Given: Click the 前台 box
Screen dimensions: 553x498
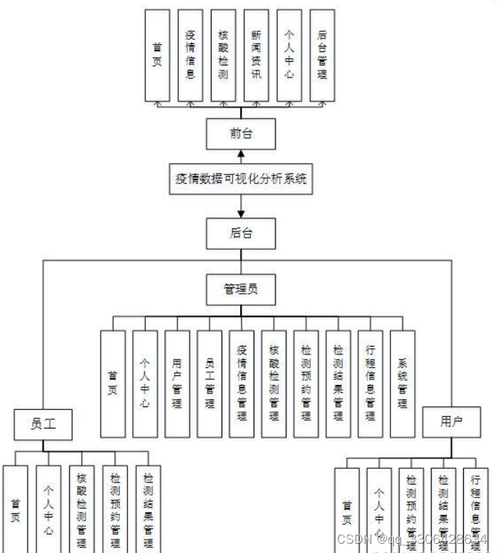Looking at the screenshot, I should [x=241, y=134].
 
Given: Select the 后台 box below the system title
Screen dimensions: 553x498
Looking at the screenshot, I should [x=241, y=233].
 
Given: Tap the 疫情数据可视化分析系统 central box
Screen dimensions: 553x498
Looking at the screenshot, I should [x=241, y=179].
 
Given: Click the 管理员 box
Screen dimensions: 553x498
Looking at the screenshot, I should [x=241, y=289].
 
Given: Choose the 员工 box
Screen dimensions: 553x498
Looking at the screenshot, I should [x=43, y=424].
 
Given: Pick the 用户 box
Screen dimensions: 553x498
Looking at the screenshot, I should [x=451, y=421].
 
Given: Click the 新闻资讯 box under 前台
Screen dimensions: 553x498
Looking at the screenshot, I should [x=256, y=55].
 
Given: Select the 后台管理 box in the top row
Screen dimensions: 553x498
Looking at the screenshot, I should [x=322, y=55].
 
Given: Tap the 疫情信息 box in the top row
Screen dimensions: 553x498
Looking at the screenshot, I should [x=190, y=55].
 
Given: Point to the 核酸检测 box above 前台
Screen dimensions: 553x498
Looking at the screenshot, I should [x=223, y=55].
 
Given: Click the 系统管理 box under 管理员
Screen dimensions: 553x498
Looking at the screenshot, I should [x=402, y=384].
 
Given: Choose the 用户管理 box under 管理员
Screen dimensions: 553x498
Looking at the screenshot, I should [x=177, y=384].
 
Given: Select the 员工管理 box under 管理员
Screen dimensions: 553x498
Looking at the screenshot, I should [x=209, y=384].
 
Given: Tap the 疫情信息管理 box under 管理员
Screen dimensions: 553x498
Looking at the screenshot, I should [x=242, y=384].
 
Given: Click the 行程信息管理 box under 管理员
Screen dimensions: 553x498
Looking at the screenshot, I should [x=370, y=384].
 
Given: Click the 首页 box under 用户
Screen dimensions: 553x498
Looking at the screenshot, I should [x=347, y=509].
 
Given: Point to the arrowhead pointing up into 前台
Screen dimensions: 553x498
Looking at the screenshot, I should [x=241, y=154].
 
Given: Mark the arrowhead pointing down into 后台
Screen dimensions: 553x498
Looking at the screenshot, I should [x=241, y=214].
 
